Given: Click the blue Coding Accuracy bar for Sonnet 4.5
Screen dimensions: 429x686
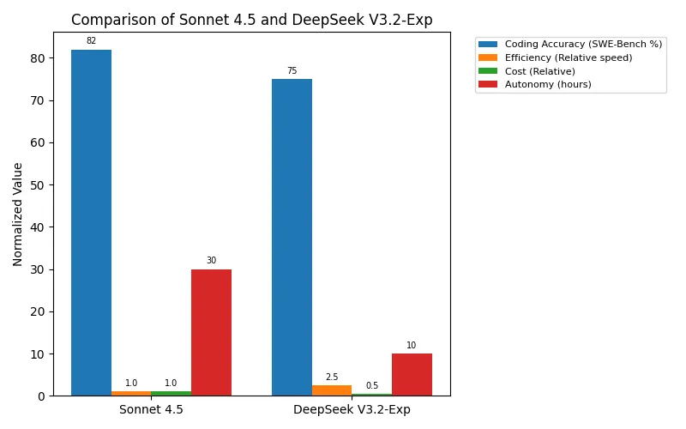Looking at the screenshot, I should pos(91,223).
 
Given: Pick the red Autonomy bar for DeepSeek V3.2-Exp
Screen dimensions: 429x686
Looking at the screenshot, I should pos(412,375).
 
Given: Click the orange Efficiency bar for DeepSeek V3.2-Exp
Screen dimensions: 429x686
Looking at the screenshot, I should pos(332,390).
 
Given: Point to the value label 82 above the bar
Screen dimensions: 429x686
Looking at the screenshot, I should pos(91,41).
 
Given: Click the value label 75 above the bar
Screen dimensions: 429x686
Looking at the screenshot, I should pos(292,71).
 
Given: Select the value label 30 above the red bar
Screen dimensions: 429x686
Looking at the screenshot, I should pos(211,261).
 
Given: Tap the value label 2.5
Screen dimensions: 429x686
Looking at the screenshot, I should pos(332,378).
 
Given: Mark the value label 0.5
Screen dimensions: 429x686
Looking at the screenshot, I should pos(372,386).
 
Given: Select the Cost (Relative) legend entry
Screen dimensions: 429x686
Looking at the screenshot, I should pos(539,71).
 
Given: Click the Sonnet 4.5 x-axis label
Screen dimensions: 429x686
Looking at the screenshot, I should pos(151,409).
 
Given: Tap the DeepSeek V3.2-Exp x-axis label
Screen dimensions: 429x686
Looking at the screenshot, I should pos(352,409).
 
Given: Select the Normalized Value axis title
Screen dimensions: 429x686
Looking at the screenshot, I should pos(18,214).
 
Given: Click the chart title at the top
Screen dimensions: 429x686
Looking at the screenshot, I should pos(251,19).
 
